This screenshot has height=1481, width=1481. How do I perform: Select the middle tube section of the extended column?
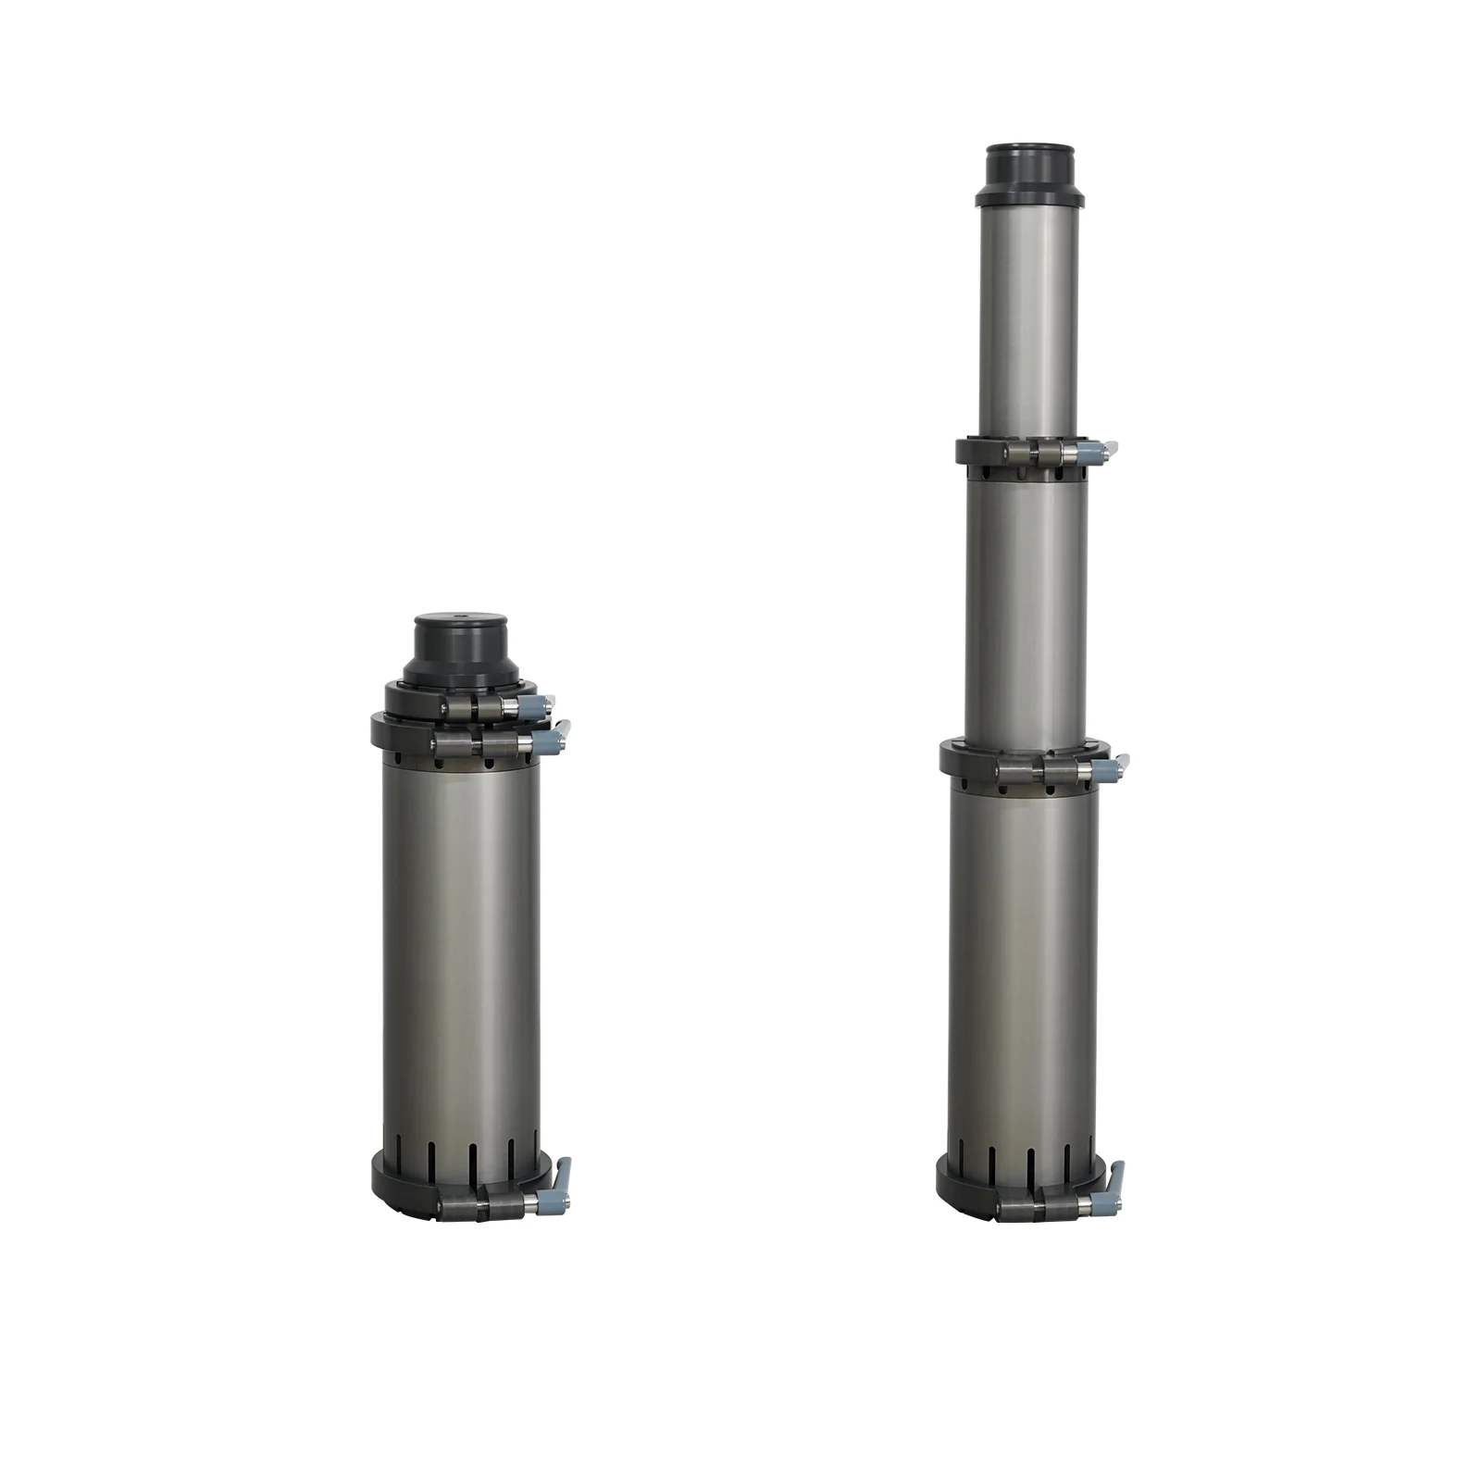tap(1027, 611)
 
